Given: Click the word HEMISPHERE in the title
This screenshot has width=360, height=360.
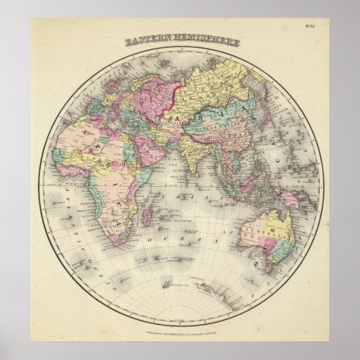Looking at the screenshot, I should [x=205, y=42].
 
